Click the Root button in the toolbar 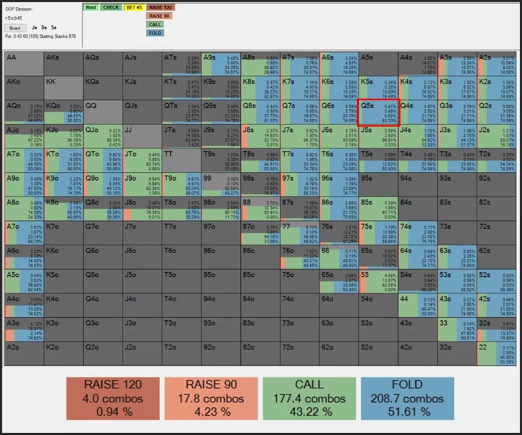(x=90, y=7)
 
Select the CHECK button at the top (x=111, y=7)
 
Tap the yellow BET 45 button (x=134, y=7)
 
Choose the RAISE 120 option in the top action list (x=161, y=7)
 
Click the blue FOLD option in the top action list (x=155, y=33)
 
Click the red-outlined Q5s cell (x=378, y=112)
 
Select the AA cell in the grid (x=24, y=63)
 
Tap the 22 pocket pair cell (x=497, y=354)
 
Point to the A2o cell (x=24, y=354)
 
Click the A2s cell (x=497, y=63)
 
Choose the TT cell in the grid (x=181, y=160)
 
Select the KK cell (x=63, y=88)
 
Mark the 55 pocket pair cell (x=378, y=281)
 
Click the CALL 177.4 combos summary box (x=310, y=398)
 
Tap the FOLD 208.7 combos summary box (x=407, y=398)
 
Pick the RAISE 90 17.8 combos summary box (x=211, y=398)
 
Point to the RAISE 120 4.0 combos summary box (x=113, y=398)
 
